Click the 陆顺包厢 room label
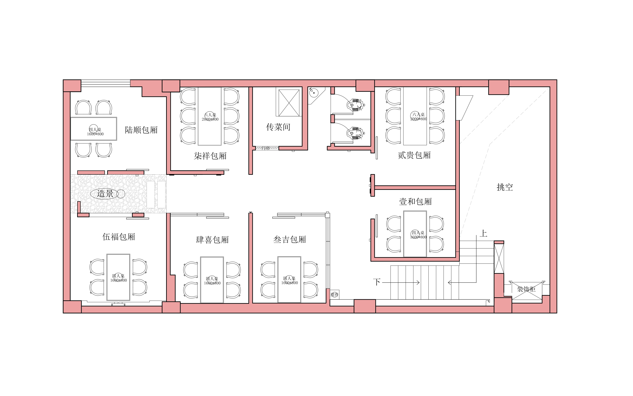point(141,130)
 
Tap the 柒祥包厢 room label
point(210,156)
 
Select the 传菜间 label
point(278,127)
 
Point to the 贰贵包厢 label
point(414,155)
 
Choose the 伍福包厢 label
point(119,237)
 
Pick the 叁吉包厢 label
point(290,239)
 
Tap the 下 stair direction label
point(377,282)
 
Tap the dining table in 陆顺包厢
point(93,129)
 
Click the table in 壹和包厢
point(415,234)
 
